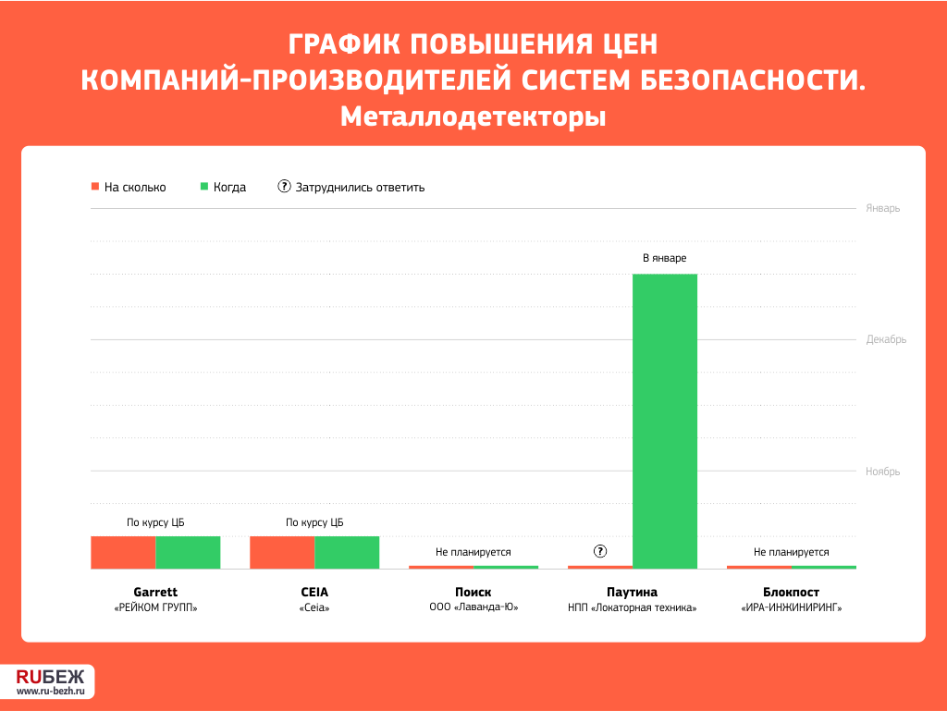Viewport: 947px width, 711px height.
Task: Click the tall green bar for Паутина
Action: coord(664,422)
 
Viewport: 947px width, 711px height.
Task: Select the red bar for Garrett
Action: coord(123,552)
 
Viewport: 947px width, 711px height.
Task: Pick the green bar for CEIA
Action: coord(347,552)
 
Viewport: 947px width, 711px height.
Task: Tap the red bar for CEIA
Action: coord(282,552)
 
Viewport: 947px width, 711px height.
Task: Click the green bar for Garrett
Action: coord(188,552)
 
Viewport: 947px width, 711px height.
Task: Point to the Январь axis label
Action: coord(882,208)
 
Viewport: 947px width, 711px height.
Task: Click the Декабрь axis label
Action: coord(886,340)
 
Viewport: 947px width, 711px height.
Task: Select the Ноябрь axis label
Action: coord(882,472)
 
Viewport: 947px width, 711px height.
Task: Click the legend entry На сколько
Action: coord(129,187)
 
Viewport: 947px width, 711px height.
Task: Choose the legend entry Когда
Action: coord(223,187)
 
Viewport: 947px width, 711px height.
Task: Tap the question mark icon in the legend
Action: coord(284,187)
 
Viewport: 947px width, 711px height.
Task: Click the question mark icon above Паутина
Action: coord(599,551)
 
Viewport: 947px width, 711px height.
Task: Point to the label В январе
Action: coord(664,258)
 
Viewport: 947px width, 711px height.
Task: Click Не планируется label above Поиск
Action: coord(473,552)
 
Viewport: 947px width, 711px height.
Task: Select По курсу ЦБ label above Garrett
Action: coord(155,522)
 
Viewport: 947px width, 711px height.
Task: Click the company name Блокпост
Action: coord(792,592)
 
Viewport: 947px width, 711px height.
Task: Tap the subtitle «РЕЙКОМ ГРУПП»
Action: coord(155,607)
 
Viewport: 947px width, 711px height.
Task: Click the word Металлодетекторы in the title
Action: coord(473,116)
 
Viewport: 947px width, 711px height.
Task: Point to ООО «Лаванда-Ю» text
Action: coord(473,607)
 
